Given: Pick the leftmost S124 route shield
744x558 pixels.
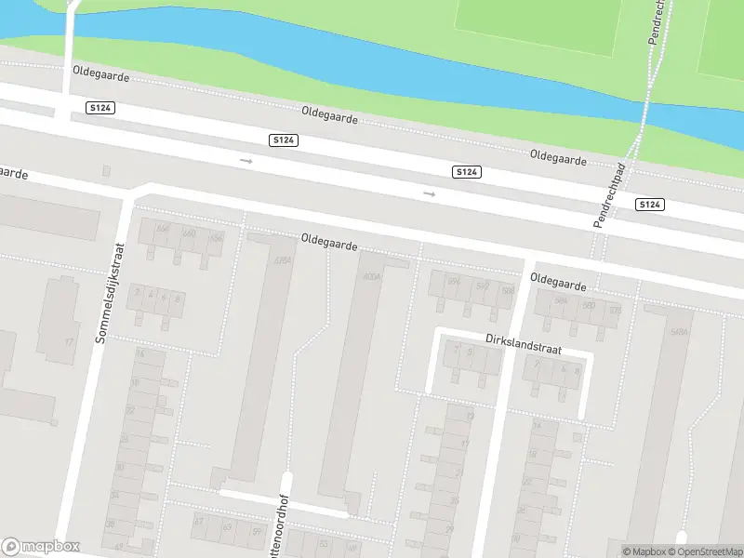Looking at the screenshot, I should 100,109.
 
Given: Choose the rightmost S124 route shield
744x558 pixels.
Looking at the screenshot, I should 650,205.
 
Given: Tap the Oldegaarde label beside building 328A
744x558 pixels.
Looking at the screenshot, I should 329,244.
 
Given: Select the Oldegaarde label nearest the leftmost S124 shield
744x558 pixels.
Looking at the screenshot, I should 101,71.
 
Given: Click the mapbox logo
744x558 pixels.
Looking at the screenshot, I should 41,546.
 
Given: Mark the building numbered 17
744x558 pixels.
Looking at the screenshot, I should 68,341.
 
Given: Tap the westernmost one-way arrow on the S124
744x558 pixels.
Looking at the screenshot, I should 246,161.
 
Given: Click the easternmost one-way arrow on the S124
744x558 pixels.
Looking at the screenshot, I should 429,193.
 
